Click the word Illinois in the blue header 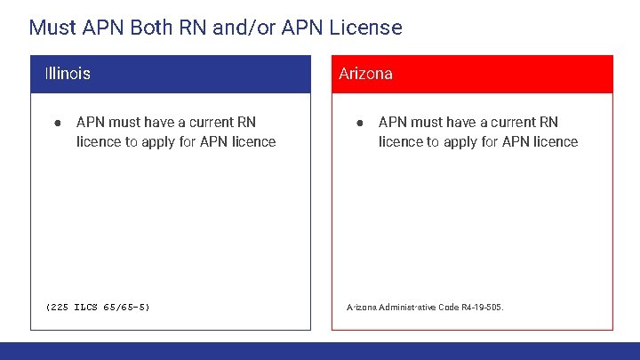68,74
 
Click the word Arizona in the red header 365,74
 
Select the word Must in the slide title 50,28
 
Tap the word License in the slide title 366,28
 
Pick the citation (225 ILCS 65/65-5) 98,308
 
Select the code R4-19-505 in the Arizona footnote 483,308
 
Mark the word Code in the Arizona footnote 448,308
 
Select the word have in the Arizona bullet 462,122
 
